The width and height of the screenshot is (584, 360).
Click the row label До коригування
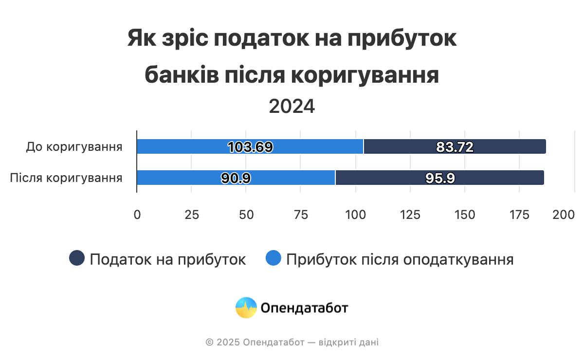click(74, 146)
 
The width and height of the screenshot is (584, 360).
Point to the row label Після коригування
click(66, 178)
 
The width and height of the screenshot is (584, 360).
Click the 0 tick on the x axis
click(137, 215)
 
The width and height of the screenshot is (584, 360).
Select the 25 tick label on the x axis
click(192, 215)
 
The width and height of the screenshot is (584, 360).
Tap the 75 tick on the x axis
click(301, 215)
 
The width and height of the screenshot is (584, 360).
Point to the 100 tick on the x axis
click(356, 215)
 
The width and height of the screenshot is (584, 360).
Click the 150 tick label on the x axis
click(465, 215)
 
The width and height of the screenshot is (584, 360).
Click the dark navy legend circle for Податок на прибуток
click(77, 258)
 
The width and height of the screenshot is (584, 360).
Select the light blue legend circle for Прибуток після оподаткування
click(274, 258)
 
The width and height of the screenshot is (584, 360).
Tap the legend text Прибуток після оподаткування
click(400, 259)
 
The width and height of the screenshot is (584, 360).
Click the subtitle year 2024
click(292, 107)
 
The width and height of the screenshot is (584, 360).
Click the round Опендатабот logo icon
click(246, 307)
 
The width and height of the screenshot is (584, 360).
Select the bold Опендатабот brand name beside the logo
click(305, 307)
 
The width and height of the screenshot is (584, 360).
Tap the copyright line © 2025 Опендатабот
click(292, 342)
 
